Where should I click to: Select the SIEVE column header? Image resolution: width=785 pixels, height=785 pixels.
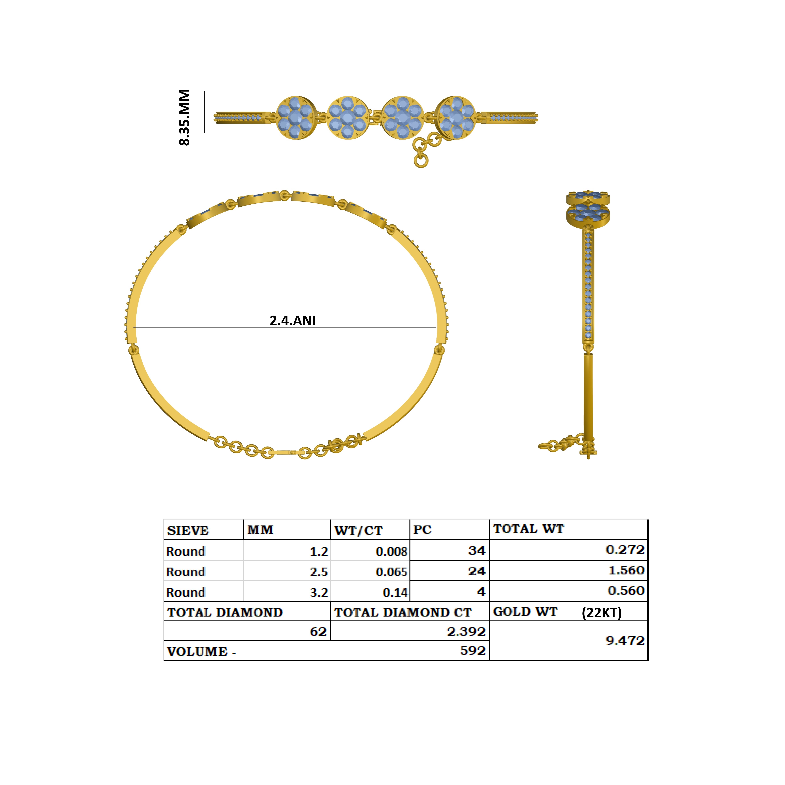(188, 531)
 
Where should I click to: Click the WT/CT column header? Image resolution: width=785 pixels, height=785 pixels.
(358, 531)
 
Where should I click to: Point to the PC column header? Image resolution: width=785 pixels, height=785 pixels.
(423, 530)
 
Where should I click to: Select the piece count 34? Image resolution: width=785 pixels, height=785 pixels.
(477, 551)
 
